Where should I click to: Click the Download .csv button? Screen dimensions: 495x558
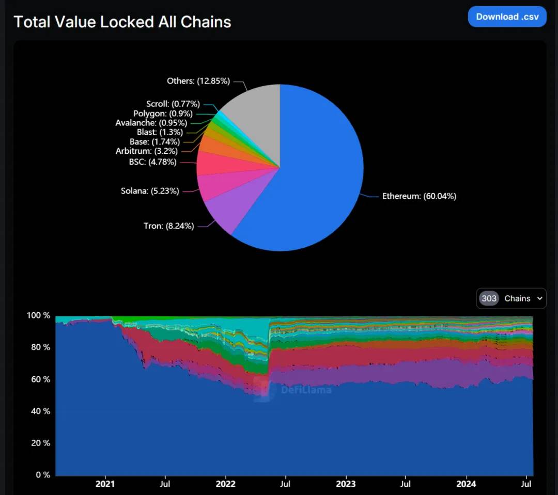coord(507,17)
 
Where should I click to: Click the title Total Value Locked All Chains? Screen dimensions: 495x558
coord(122,22)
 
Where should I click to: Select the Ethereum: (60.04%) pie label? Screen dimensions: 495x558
coord(419,196)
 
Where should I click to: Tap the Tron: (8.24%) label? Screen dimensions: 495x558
coord(168,226)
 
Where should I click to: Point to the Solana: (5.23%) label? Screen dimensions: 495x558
coord(150,191)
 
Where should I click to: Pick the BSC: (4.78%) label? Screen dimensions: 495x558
coord(152,162)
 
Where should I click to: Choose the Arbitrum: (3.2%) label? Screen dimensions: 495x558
coord(146,151)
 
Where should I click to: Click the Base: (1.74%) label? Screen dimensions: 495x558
coord(154,141)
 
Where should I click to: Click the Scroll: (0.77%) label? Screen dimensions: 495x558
coord(173,104)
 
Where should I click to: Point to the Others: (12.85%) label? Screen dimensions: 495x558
coord(198,81)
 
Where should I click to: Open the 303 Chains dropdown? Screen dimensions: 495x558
coord(511,298)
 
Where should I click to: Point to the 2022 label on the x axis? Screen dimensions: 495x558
coord(225,484)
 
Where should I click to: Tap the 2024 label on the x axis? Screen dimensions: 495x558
coord(467,484)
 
